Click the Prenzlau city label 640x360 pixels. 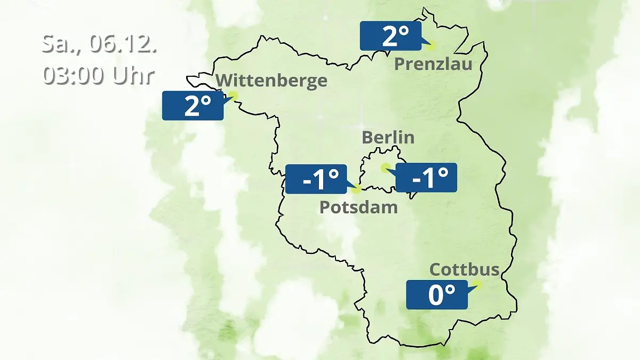[433, 65]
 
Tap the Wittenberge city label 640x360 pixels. [271, 81]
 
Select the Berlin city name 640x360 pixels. [388, 137]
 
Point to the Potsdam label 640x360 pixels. [358, 207]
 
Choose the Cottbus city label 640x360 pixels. [464, 269]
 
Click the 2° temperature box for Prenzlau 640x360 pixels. [390, 36]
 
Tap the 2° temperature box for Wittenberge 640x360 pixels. [193, 106]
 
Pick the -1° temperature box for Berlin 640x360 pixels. [426, 178]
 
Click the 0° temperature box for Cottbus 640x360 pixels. [437, 294]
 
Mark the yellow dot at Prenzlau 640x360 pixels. [430, 45]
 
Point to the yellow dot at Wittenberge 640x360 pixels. [233, 95]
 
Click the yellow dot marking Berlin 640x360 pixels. [385, 168]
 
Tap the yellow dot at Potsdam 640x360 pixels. [356, 188]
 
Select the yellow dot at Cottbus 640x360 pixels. [476, 285]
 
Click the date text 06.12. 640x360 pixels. [123, 44]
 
